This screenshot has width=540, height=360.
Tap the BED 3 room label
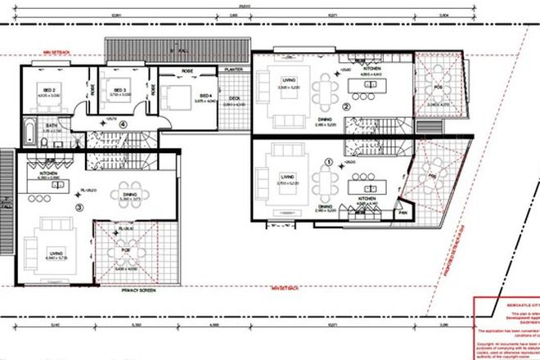point(119,90)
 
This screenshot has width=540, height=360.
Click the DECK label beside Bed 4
point(235,100)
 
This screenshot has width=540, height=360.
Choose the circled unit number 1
point(329,163)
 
